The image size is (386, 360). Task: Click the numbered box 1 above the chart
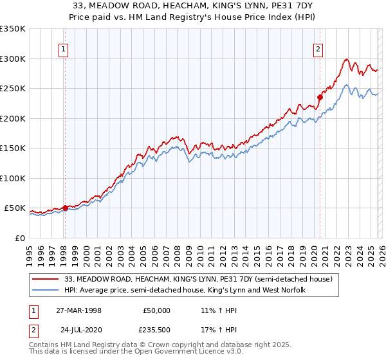point(64,48)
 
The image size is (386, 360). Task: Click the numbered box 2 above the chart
point(318,48)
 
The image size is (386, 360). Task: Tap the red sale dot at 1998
point(65,208)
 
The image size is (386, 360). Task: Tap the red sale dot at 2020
point(320,98)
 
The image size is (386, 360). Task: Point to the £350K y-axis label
point(13,29)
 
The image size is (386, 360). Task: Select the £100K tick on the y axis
point(13,178)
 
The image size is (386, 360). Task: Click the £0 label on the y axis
point(19,238)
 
